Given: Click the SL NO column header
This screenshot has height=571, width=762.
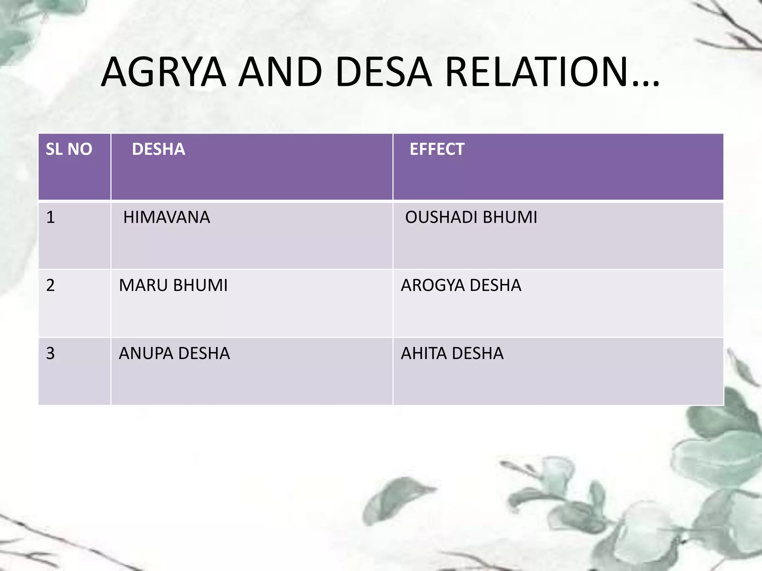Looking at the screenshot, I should pos(69,149).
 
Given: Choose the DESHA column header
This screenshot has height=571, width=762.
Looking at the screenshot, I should pos(159,149).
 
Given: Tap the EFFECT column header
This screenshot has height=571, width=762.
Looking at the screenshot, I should pos(437,149).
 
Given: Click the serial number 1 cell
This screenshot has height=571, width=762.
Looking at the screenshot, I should pos(51,217).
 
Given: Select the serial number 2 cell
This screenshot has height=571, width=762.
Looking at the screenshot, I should pos(51,285).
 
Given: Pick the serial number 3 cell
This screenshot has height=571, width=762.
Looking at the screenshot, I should pos(51,353).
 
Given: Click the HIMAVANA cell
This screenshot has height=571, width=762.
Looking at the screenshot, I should pos(167,217).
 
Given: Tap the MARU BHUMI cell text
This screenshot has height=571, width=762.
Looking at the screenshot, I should pos(173,285).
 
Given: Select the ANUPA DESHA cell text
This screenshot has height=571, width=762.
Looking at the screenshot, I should pos(174,353).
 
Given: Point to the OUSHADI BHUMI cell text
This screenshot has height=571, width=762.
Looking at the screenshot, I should pos(471,217).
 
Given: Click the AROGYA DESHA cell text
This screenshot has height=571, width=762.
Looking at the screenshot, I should pos(461,285).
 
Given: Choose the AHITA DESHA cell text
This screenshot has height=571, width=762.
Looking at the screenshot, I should pos(452,353).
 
